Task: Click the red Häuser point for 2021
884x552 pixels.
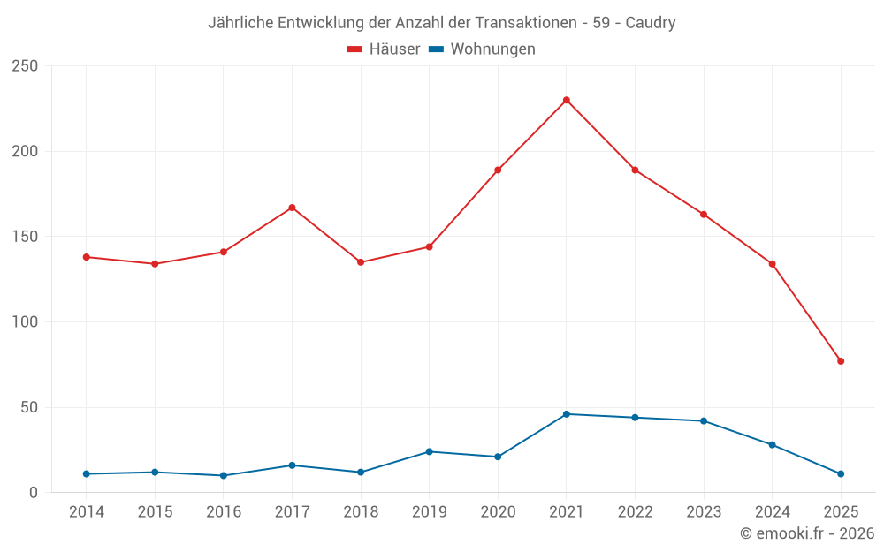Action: [567, 100]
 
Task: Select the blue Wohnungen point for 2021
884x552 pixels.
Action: [567, 414]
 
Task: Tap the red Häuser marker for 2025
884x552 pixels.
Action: [841, 361]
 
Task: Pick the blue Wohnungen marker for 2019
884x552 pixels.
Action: [430, 451]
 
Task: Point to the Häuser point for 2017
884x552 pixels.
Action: [292, 208]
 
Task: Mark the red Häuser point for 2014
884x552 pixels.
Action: [87, 257]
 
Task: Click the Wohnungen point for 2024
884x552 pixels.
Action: [772, 445]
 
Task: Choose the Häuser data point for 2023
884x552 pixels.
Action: [704, 215]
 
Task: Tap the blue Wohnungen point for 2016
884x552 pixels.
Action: [224, 475]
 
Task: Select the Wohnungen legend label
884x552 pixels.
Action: [492, 49]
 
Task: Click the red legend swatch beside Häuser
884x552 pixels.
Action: [355, 49]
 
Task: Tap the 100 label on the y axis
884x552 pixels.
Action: [26, 322]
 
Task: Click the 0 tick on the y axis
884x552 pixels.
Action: [34, 493]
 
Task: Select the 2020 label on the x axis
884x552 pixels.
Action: [498, 512]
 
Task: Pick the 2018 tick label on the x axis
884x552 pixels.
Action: [361, 512]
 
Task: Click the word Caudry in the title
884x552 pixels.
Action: [651, 23]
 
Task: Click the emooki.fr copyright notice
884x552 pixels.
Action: [807, 533]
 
